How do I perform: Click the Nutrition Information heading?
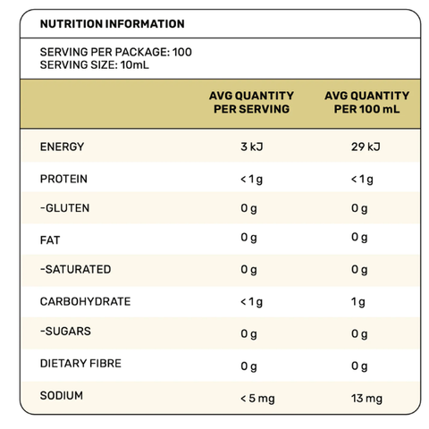pos(113,24)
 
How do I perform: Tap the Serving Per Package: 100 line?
pos(116,52)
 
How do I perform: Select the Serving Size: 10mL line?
pos(95,65)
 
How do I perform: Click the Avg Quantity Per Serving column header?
pos(252,102)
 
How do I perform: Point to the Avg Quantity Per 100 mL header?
pos(367,102)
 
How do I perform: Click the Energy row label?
pos(62,147)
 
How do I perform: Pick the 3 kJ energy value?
pos(252,147)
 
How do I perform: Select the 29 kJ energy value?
pos(366,147)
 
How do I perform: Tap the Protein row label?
pos(63,179)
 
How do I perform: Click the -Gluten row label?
pos(65,208)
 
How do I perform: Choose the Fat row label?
pos(50,240)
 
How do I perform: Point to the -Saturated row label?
pos(76,269)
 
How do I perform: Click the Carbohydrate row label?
pos(86,301)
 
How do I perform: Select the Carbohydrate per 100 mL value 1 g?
pos(358,302)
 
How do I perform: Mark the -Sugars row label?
pos(65,332)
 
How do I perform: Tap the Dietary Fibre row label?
pos(80,364)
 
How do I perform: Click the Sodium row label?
pos(62,396)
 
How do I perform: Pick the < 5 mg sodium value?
pos(257,399)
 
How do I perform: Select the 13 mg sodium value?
pos(366,399)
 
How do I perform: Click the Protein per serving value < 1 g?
pos(252,180)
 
